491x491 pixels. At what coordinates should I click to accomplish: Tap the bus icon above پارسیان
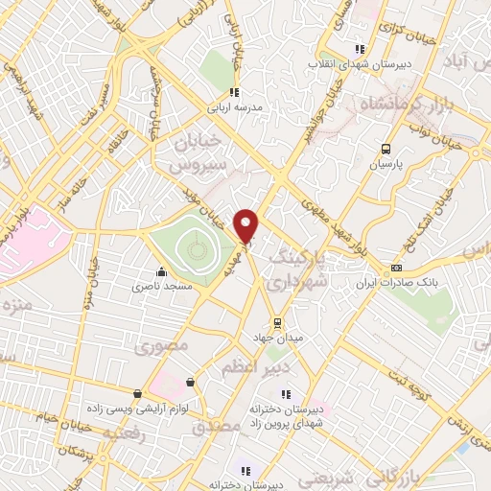pos(386,148)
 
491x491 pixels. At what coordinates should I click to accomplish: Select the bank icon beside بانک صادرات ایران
pos(397,269)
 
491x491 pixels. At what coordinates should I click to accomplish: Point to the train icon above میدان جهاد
pos(277,321)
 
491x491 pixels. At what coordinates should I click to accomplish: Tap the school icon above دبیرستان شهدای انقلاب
pos(360,49)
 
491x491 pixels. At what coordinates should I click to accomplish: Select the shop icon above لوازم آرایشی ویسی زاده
pos(139,394)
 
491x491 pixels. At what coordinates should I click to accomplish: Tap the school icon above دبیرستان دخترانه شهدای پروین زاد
pos(284,393)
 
